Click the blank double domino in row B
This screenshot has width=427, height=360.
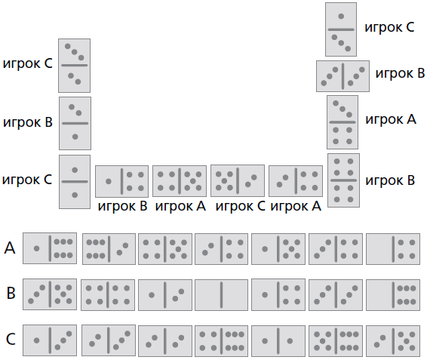(x=221, y=294)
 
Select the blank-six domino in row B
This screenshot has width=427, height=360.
(x=393, y=294)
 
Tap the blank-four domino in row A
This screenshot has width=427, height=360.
(x=393, y=249)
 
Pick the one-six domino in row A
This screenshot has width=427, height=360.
(x=50, y=248)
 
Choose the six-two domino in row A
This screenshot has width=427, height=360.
(x=109, y=249)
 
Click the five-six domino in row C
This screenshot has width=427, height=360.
(x=336, y=340)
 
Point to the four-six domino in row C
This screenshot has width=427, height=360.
(x=221, y=340)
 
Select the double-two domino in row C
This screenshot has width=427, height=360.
(x=165, y=340)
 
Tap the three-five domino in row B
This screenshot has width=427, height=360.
(x=50, y=294)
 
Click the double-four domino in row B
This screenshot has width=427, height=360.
(x=108, y=295)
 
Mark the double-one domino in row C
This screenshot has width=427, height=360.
(x=278, y=340)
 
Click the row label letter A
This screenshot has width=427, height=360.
(x=10, y=248)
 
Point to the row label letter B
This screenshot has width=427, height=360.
(x=11, y=294)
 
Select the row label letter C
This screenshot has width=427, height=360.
(x=11, y=339)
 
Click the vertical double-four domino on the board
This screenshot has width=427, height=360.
(x=343, y=180)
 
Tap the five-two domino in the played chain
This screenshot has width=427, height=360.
(x=238, y=180)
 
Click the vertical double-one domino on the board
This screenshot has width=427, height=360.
(x=75, y=182)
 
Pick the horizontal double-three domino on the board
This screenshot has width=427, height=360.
(x=343, y=76)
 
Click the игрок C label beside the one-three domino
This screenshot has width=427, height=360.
(x=389, y=27)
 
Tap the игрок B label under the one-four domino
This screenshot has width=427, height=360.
(x=122, y=206)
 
